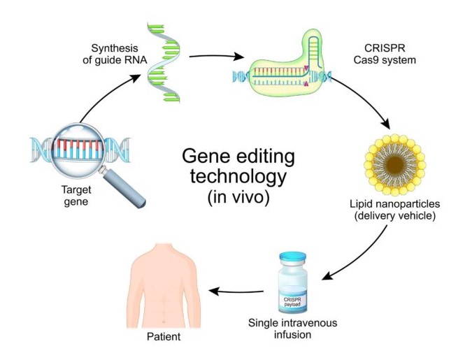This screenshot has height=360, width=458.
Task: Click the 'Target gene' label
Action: click(x=76, y=196)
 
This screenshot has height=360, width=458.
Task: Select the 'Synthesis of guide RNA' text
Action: click(x=115, y=54)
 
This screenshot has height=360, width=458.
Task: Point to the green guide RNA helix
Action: click(x=163, y=63)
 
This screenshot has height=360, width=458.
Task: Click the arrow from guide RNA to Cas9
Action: click(x=216, y=56)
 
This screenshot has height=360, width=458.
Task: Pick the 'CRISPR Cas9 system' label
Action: click(x=385, y=54)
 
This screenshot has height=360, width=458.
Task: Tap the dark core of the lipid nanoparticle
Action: click(x=394, y=165)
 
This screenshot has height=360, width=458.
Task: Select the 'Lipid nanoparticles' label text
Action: click(x=394, y=204)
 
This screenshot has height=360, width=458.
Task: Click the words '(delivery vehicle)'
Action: click(x=395, y=216)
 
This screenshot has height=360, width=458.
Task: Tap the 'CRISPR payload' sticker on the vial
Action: click(x=292, y=302)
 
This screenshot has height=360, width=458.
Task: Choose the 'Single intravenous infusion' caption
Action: click(x=293, y=329)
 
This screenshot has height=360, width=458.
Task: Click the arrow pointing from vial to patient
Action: click(x=236, y=291)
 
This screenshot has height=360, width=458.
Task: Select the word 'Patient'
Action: click(x=164, y=337)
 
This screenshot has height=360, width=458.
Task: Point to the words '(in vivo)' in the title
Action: click(x=238, y=198)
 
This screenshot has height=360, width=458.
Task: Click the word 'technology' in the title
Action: click(x=238, y=177)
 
